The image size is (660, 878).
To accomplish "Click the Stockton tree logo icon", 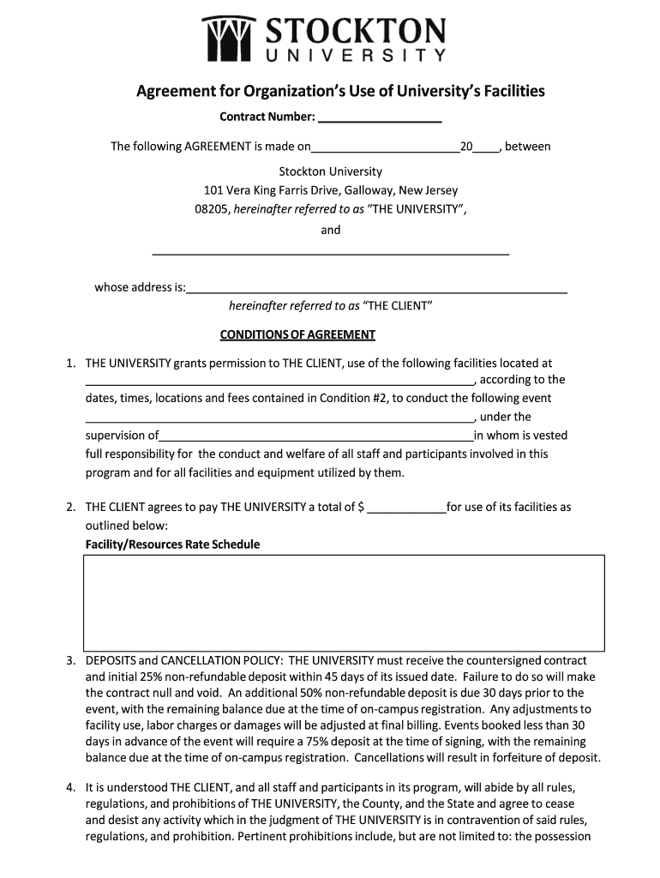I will point(229,39).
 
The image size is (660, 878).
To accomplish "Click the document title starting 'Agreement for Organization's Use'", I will point(340,91).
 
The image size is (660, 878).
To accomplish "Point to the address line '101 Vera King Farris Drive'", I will point(330,190).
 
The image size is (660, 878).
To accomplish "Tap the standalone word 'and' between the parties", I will point(330,230).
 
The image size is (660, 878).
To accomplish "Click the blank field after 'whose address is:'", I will point(377,287).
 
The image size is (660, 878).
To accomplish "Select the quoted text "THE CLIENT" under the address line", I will point(398,306).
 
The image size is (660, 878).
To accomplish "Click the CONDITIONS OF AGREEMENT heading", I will point(297,334).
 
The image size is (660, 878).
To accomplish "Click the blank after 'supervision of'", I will point(316,436).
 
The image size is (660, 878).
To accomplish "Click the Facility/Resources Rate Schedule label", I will point(172,544).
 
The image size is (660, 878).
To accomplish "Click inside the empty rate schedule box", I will point(344,601).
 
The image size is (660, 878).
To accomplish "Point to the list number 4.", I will point(70,787).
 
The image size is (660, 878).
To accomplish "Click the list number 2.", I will point(70,507).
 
